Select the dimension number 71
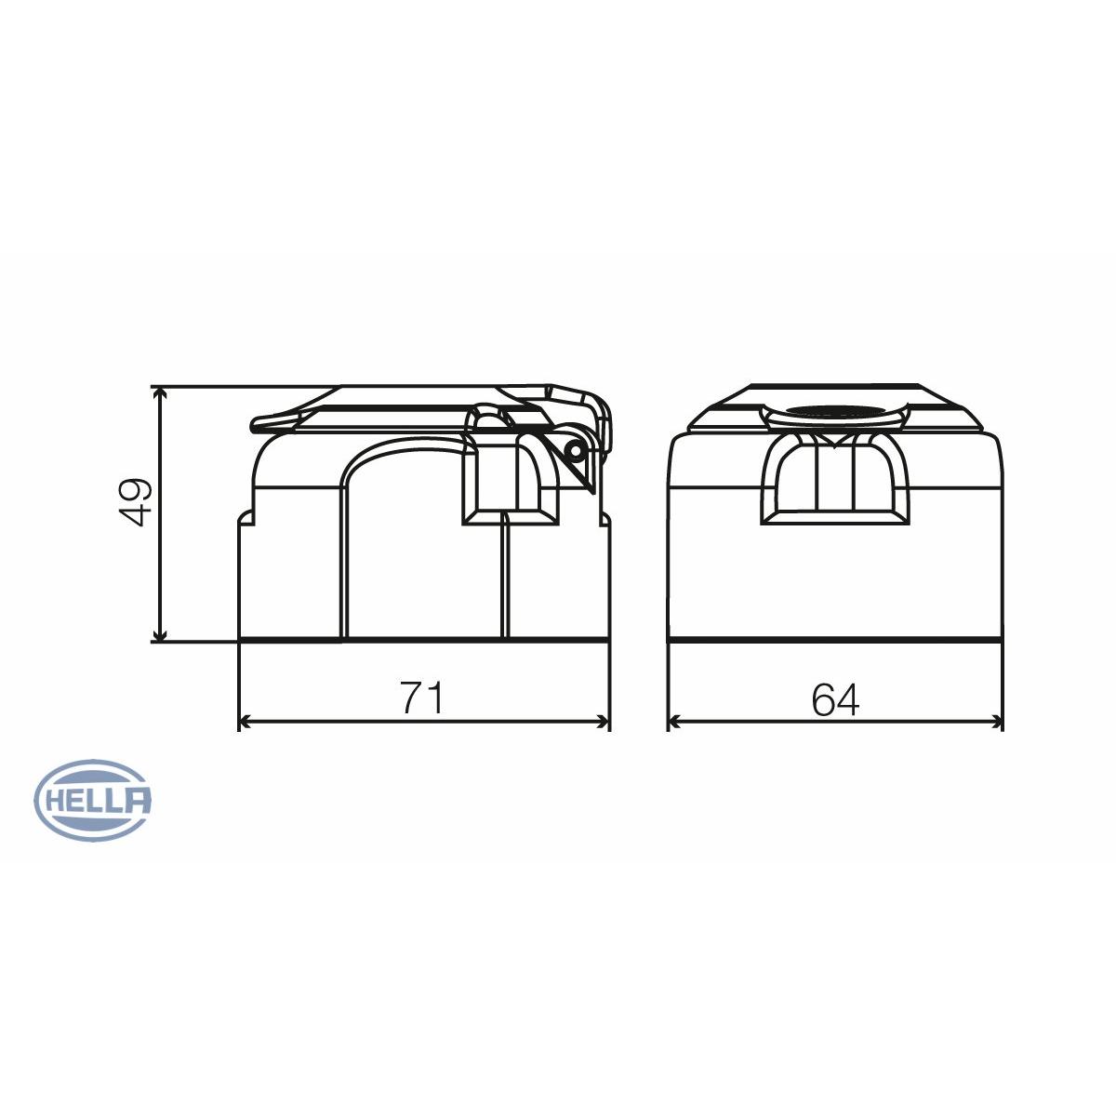point(422,698)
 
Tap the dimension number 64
point(835,700)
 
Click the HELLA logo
point(92,801)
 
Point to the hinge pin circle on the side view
point(575,450)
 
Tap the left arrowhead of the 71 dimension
point(246,722)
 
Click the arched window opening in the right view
point(834,479)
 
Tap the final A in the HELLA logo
point(137,801)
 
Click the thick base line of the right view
point(835,640)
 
